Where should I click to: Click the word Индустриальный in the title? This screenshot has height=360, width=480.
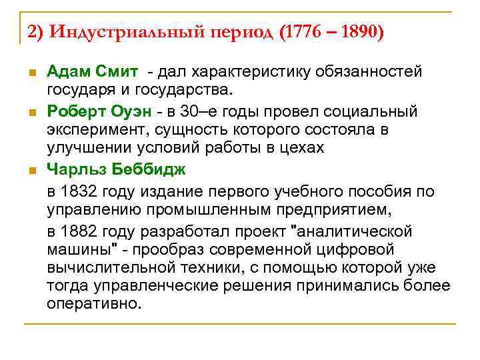pyautogui.click(x=120, y=32)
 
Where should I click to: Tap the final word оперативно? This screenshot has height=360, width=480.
pyautogui.click(x=94, y=304)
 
